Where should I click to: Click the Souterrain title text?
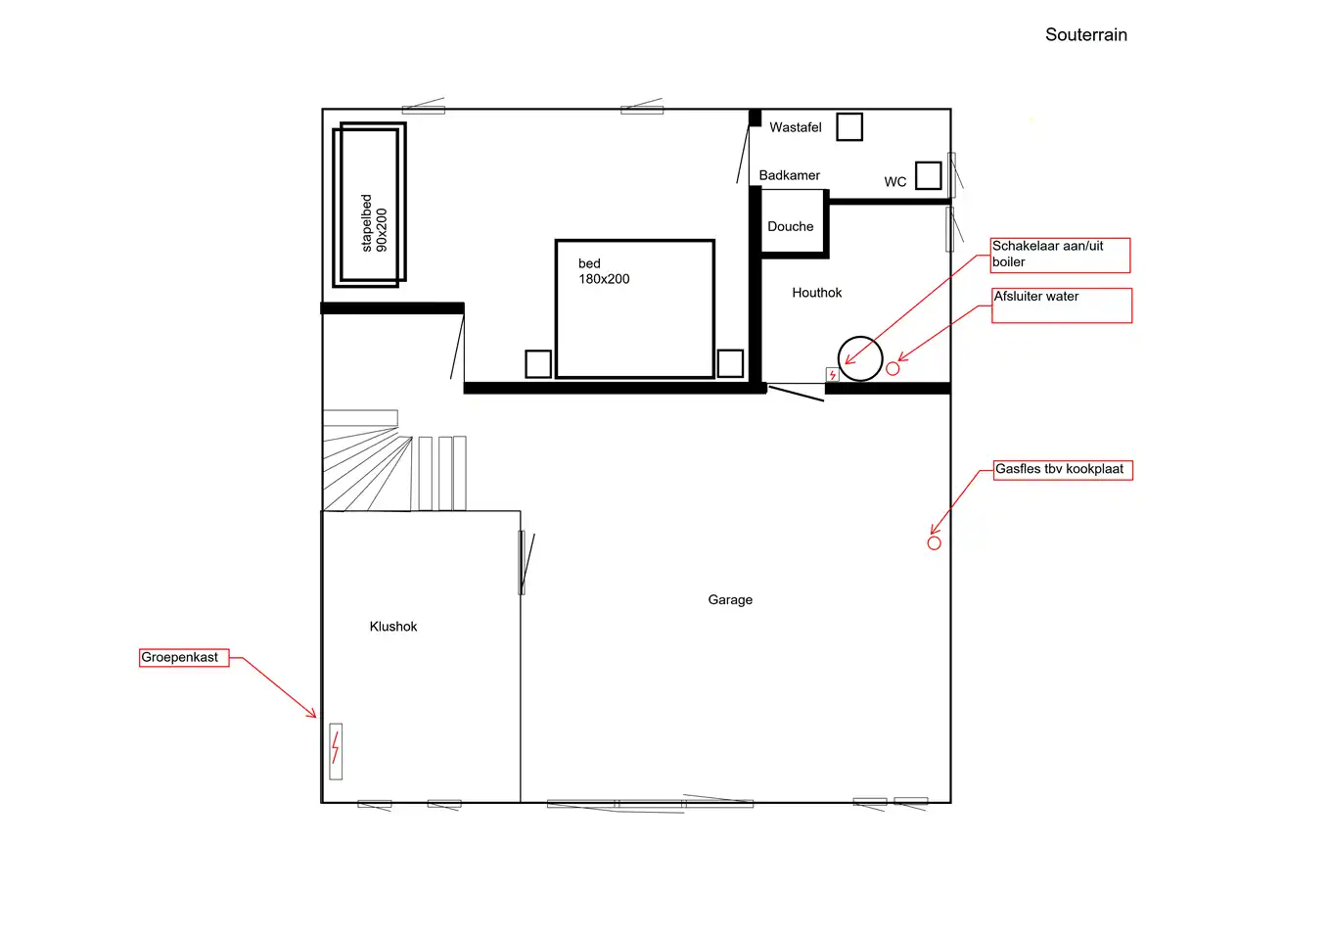(x=1085, y=35)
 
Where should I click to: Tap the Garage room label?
(x=730, y=600)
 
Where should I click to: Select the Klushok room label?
(x=392, y=627)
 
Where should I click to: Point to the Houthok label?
(x=816, y=293)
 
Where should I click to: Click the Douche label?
(x=791, y=227)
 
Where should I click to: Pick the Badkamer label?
(x=789, y=175)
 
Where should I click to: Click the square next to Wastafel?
(x=849, y=127)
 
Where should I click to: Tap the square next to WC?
(x=928, y=175)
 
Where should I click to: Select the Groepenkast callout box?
(x=184, y=658)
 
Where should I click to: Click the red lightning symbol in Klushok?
(x=336, y=747)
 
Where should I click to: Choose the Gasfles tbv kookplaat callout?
(x=1063, y=470)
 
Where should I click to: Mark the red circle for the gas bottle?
(x=934, y=543)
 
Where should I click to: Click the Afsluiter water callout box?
(x=1062, y=305)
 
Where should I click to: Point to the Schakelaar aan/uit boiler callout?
(x=1060, y=256)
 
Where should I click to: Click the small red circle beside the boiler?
(x=893, y=369)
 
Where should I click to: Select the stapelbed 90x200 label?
(x=374, y=223)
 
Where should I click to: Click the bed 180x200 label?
(x=604, y=271)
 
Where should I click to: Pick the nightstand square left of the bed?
(x=538, y=364)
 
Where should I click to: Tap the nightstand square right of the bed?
(x=730, y=363)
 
